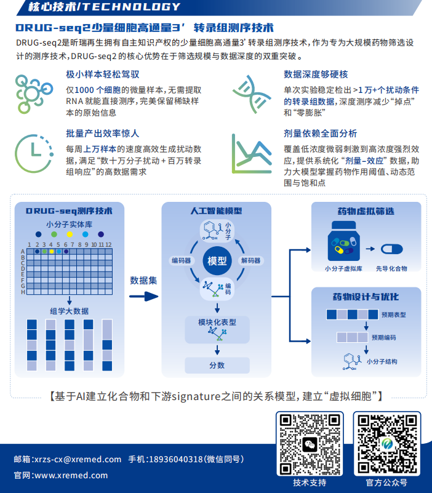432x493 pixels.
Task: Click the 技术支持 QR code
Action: (x=310, y=444)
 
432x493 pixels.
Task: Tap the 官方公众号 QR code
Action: (x=387, y=444)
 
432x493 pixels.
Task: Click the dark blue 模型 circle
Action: (x=217, y=260)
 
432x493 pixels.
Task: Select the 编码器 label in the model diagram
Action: (x=182, y=260)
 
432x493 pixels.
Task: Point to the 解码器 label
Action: (x=250, y=260)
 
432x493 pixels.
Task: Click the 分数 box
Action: (x=217, y=366)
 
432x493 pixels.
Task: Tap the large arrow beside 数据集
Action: (x=143, y=296)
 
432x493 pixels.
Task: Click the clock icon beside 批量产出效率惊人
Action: (x=34, y=154)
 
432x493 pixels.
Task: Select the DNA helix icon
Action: (x=252, y=94)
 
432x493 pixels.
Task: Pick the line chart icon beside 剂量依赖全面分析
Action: (x=252, y=154)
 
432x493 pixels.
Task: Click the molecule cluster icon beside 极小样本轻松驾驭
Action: (x=34, y=94)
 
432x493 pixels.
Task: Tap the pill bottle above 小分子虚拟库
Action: (x=343, y=241)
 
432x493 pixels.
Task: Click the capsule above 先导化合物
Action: (x=392, y=249)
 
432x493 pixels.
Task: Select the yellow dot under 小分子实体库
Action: (x=70, y=234)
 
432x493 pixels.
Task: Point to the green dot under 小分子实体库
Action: (x=54, y=234)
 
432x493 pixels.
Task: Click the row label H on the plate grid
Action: (x=23, y=292)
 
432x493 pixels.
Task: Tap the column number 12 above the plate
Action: (x=108, y=244)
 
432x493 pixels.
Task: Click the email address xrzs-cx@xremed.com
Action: (x=78, y=459)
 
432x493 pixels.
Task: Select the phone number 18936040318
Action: (x=176, y=459)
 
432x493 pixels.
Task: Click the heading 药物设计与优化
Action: (x=366, y=297)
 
